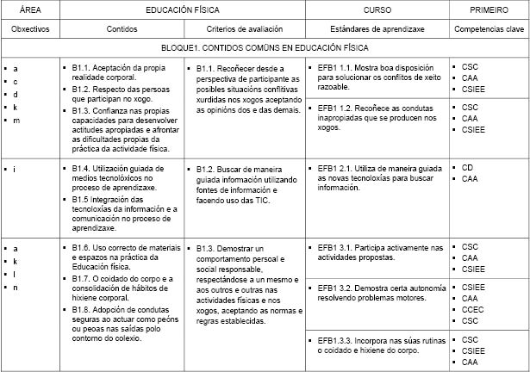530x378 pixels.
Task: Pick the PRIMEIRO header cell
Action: [x=489, y=9]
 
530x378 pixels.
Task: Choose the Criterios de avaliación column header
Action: [x=242, y=28]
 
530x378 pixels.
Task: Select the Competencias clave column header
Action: [x=489, y=28]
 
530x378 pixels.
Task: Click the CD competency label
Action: [x=468, y=168]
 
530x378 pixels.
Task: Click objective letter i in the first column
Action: [x=15, y=168]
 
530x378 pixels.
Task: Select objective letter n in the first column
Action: [x=16, y=287]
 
